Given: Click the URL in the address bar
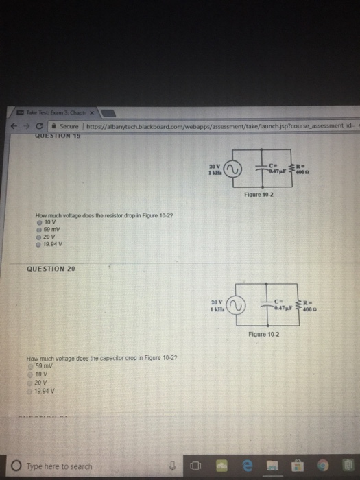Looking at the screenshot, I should [206, 126].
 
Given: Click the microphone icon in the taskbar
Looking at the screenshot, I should [173, 466].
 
